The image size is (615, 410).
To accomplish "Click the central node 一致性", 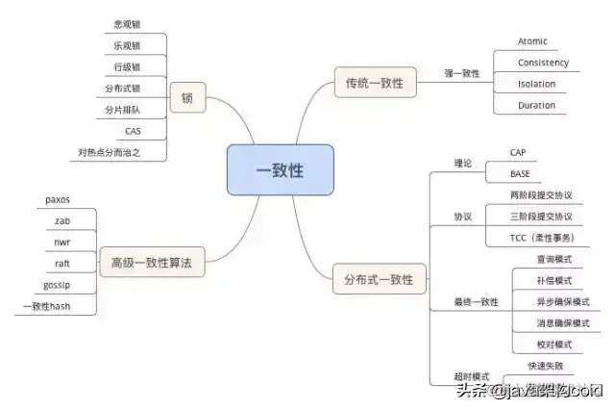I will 280,169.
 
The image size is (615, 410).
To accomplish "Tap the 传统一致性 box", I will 374,84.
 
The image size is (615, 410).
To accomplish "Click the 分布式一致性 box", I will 379,280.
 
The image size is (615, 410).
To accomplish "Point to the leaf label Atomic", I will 532,41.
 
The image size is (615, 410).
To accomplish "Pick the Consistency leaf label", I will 543,63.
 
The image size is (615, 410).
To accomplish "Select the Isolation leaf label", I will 536,84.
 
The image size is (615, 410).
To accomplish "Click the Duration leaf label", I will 536,105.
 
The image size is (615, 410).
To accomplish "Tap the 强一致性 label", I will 462,73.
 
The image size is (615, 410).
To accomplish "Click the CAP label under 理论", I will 518,152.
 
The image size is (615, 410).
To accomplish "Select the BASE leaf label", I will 520,174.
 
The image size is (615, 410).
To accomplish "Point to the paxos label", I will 58,199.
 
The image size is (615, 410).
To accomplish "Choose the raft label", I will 61,263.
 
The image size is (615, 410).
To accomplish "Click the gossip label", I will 58,286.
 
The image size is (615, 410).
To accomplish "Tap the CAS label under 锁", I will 133,130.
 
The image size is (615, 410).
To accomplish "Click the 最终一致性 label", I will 476,302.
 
